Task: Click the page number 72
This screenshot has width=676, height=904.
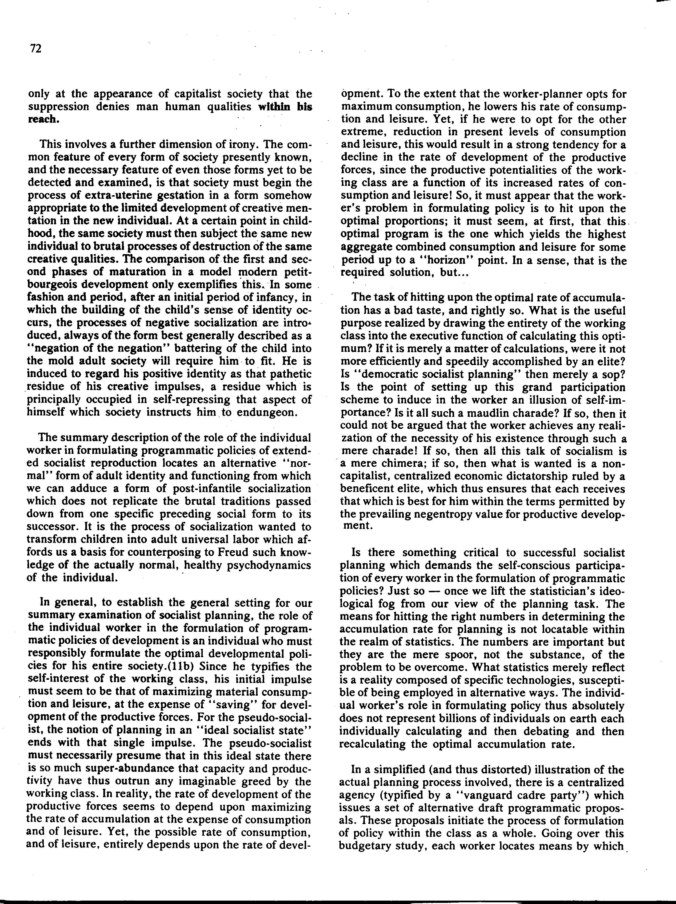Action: pos(36,49)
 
